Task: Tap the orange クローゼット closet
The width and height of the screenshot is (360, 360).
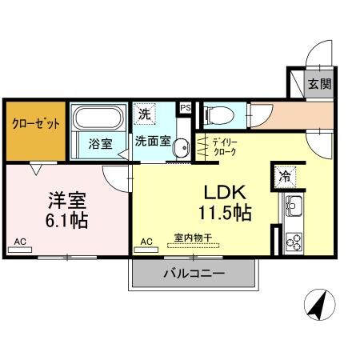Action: tap(34, 126)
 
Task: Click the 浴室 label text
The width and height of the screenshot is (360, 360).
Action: tap(99, 146)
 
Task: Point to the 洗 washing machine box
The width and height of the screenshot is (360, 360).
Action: tap(145, 114)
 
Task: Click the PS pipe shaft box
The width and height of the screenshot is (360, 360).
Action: tap(186, 107)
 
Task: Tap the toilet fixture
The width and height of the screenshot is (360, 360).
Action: tap(214, 115)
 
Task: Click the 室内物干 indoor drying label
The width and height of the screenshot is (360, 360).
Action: tap(193, 238)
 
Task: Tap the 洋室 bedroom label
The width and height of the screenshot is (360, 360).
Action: tap(65, 198)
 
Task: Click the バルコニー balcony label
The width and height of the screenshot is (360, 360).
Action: tap(194, 274)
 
